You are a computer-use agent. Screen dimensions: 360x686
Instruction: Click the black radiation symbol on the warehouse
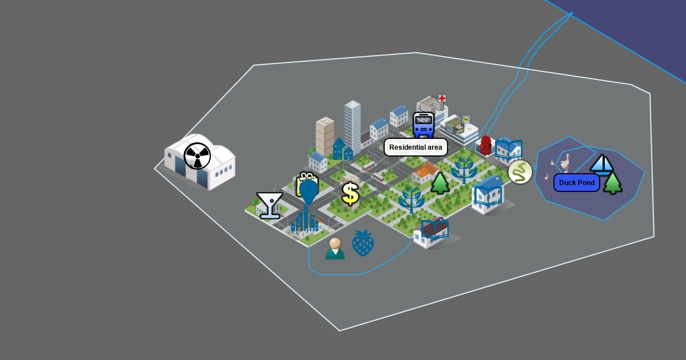click(197, 156)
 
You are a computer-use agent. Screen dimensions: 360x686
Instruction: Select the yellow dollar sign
click(350, 194)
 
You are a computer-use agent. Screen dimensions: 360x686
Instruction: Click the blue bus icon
click(424, 125)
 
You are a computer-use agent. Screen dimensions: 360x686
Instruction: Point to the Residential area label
click(416, 147)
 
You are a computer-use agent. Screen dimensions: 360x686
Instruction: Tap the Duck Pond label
click(576, 183)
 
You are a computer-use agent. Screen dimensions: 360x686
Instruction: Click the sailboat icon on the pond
click(601, 165)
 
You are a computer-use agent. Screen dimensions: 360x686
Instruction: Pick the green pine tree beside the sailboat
click(612, 183)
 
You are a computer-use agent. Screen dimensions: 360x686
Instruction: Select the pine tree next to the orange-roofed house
click(440, 183)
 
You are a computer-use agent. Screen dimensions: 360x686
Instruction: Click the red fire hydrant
click(486, 145)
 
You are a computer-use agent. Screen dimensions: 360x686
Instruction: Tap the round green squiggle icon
click(520, 172)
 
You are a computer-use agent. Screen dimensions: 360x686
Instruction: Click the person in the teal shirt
click(335, 249)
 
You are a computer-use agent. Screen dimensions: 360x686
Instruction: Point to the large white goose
click(565, 162)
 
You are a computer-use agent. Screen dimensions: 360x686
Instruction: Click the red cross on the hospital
click(441, 98)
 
